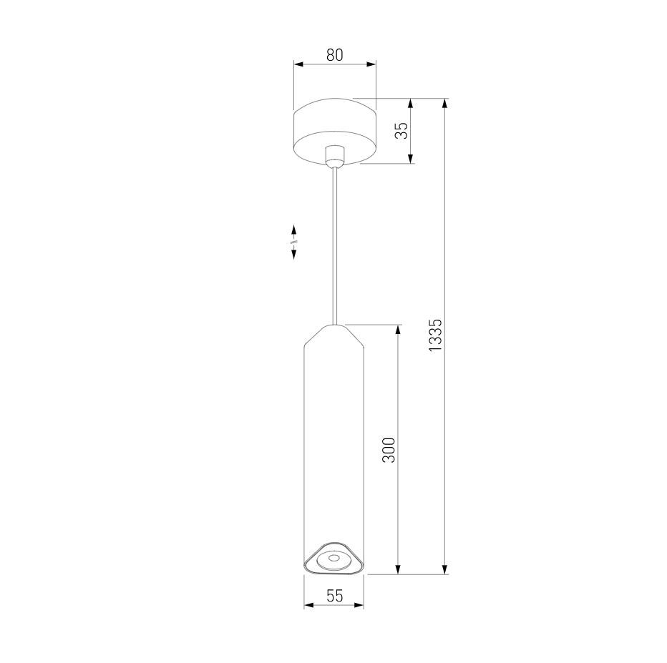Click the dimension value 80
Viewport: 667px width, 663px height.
pyautogui.click(x=335, y=55)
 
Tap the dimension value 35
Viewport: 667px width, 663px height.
pyautogui.click(x=401, y=130)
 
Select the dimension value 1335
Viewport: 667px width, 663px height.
pyautogui.click(x=436, y=335)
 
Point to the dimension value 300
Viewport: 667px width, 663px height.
pyautogui.click(x=389, y=450)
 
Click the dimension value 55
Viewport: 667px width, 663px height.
pyautogui.click(x=334, y=596)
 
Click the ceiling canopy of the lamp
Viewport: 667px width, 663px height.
pyautogui.click(x=335, y=131)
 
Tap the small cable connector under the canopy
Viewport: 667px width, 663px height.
pyautogui.click(x=335, y=155)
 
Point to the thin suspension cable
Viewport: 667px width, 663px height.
pyautogui.click(x=335, y=245)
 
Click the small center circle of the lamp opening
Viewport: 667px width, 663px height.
pyautogui.click(x=333, y=559)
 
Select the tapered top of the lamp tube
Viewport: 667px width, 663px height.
pyautogui.click(x=334, y=335)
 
